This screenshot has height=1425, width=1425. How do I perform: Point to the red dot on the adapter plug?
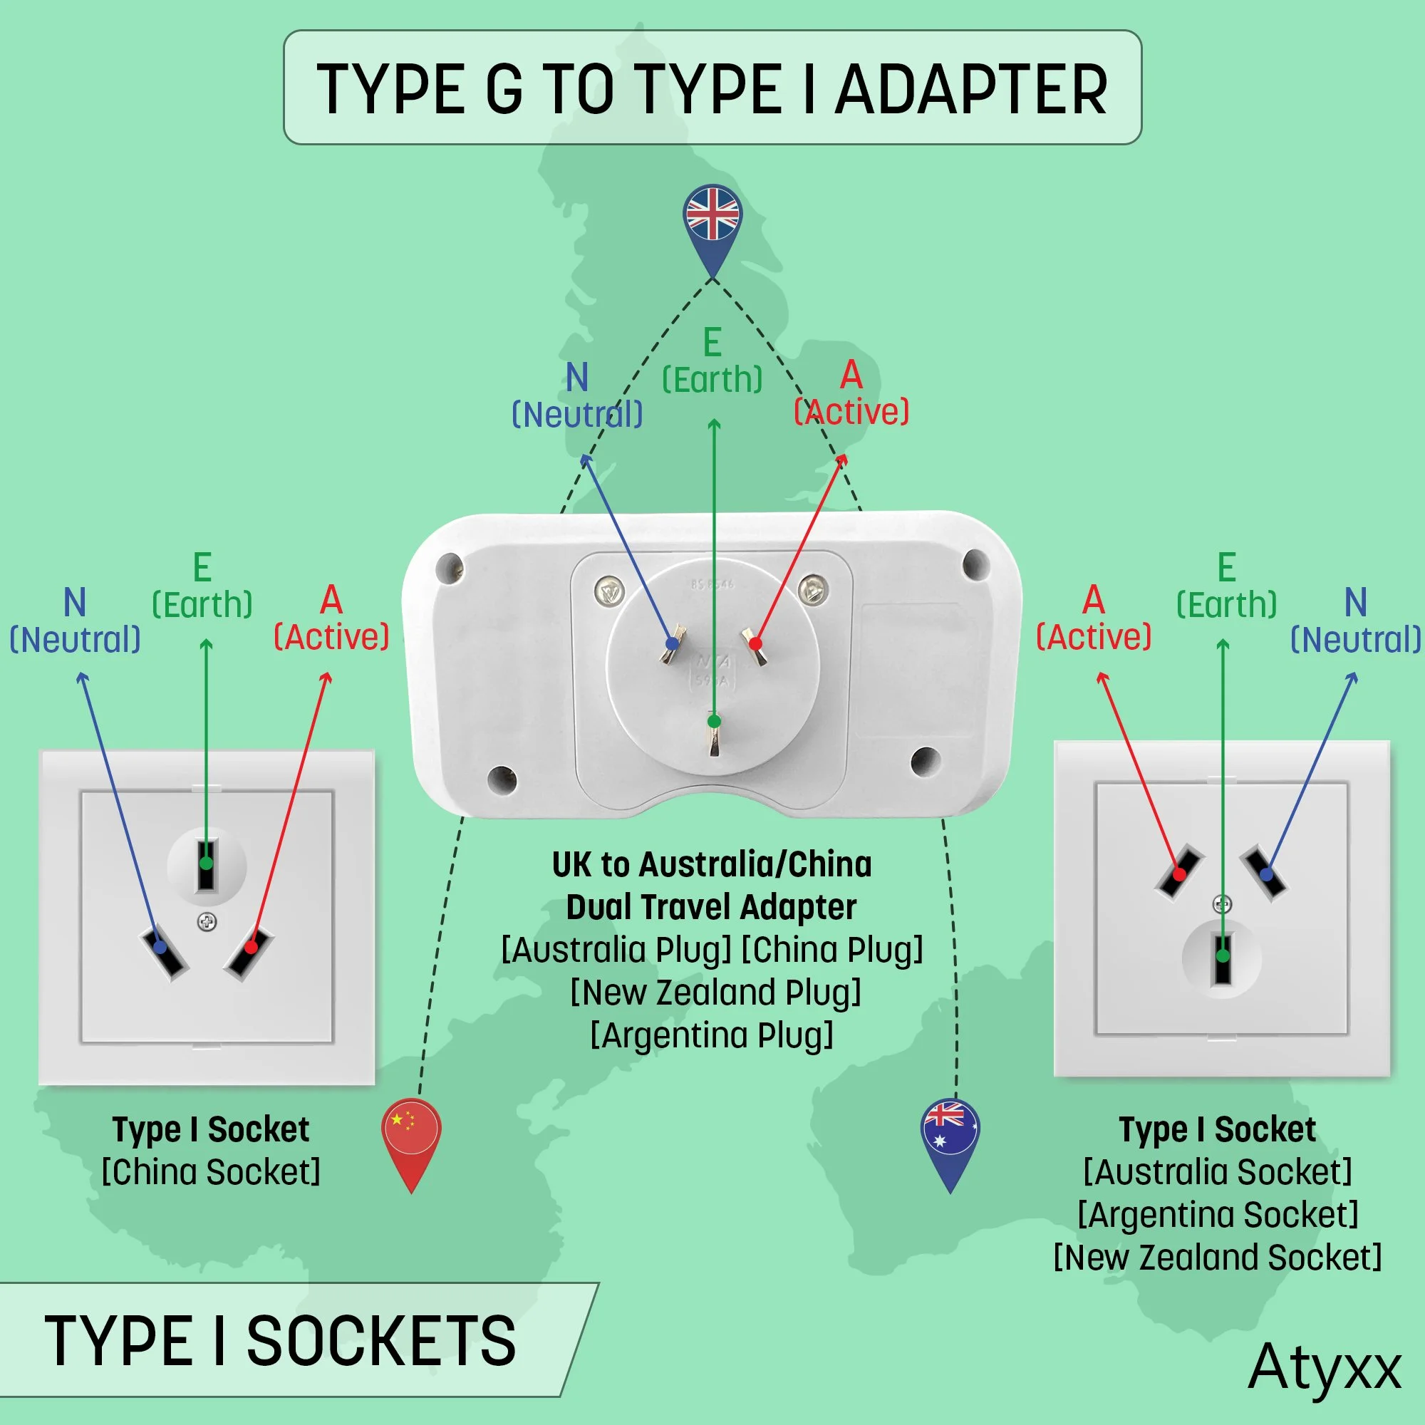click(x=755, y=644)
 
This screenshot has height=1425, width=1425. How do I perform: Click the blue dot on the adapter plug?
click(x=672, y=644)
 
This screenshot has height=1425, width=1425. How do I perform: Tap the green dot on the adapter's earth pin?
click(x=713, y=721)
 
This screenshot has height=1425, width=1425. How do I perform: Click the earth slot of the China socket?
click(x=206, y=864)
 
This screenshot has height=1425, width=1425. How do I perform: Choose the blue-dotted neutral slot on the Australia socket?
click(x=1264, y=874)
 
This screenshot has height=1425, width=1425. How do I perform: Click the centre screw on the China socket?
click(x=207, y=921)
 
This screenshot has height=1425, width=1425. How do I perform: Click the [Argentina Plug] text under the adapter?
click(x=712, y=1035)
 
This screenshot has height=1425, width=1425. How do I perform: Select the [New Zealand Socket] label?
click(x=1217, y=1258)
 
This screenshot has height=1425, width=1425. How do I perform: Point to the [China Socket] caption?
click(x=211, y=1172)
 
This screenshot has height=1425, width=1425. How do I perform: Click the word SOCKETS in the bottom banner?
click(x=380, y=1340)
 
